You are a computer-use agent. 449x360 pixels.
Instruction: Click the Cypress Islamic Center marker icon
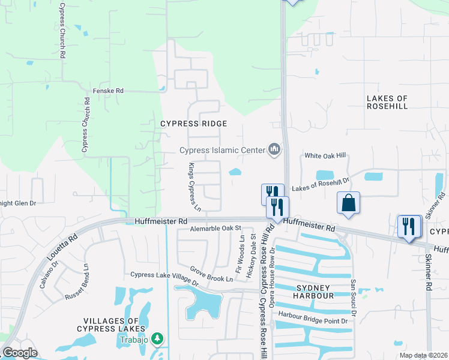274,148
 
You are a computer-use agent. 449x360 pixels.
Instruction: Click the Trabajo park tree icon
157,340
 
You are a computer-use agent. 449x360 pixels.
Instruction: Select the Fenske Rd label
108,91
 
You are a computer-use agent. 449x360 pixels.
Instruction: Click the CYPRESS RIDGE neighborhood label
193,124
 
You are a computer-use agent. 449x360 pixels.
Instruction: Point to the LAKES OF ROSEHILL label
387,102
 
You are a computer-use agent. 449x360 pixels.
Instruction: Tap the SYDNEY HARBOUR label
314,292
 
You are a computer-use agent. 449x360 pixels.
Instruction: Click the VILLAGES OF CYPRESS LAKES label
111,325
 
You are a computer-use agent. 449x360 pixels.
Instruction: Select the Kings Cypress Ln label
194,188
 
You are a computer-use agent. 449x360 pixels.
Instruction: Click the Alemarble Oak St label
215,229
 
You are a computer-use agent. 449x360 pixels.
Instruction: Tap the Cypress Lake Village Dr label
164,278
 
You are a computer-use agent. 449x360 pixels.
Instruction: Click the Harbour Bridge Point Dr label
313,321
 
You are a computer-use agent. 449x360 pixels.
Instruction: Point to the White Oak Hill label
325,155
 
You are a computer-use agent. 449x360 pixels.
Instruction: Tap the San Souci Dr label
354,298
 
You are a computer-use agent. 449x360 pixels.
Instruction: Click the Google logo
20,353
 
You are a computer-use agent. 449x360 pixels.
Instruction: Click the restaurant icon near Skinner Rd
409,226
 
